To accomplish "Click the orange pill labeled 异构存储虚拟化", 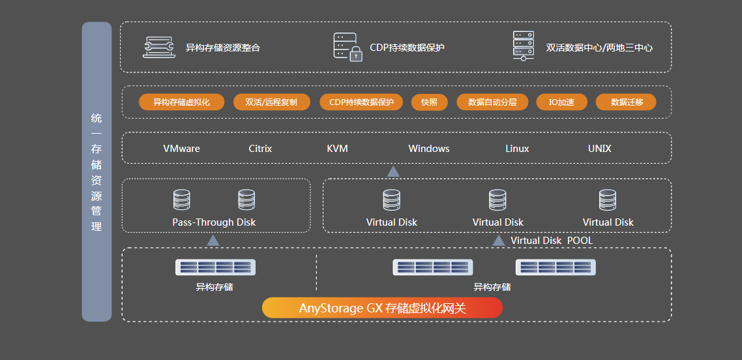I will coord(181,102).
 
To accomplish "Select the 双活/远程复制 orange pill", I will coord(271,102).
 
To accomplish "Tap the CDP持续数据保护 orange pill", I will coord(361,102).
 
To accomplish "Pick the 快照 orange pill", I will coord(429,102).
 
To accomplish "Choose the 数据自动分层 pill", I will coord(492,102).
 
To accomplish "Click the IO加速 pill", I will coord(561,102).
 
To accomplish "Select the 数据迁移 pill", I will coord(626,102).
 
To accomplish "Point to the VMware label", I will coord(181,149).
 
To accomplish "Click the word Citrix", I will coord(260,149).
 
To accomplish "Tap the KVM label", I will coord(337,149).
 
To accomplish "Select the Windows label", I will coord(428,149).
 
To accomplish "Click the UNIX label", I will coord(599,149).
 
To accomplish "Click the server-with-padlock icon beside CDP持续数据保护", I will coord(347,47).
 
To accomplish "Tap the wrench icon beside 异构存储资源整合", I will coord(158,47).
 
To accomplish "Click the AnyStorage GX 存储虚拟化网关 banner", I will coord(382,308).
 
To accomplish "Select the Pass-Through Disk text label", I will coord(214,222).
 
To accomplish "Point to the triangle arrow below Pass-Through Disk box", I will coord(213,241).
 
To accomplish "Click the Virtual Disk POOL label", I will coord(552,241).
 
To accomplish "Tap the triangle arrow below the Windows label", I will coord(393,172).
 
